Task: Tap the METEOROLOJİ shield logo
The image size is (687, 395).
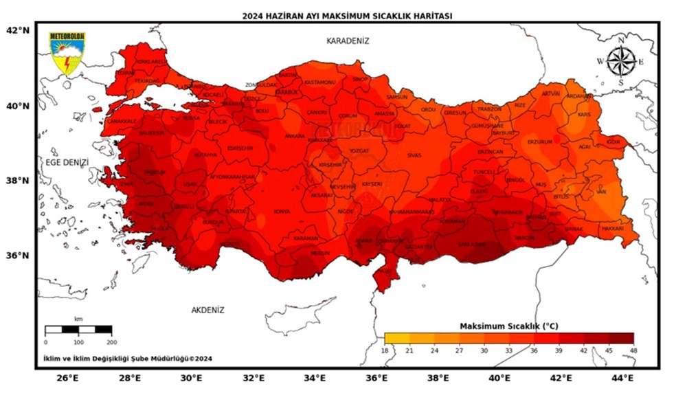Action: click(x=67, y=54)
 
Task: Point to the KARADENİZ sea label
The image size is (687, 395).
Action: click(x=348, y=41)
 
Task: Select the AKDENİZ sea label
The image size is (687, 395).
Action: click(x=207, y=310)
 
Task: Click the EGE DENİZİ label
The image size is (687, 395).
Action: click(x=67, y=163)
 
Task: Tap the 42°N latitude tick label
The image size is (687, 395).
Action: click(x=17, y=30)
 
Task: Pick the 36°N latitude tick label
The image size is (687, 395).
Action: click(x=17, y=255)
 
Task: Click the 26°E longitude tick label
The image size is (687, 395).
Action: click(x=67, y=378)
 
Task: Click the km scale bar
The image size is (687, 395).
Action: click(x=78, y=330)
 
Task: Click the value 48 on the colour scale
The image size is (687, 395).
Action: click(x=633, y=350)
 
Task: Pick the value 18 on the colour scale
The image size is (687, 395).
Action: click(x=385, y=350)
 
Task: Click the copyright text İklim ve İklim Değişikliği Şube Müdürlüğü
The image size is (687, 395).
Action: click(x=127, y=358)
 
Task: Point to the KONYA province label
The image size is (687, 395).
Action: click(x=282, y=212)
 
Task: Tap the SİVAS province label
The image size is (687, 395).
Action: click(x=414, y=156)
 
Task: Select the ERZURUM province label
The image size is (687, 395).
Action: click(x=539, y=142)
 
